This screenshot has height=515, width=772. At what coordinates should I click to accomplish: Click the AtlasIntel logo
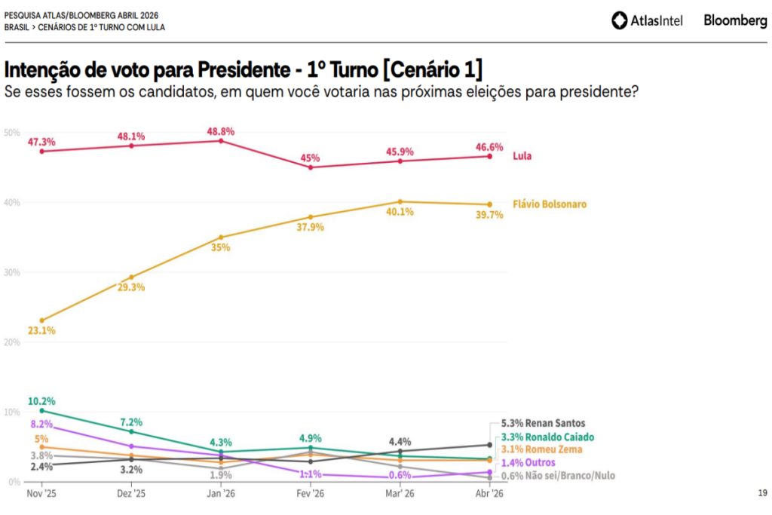pos(647,20)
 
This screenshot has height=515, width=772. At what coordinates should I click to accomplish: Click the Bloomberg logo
pos(735,20)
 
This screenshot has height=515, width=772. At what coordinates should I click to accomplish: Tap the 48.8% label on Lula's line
pos(221,131)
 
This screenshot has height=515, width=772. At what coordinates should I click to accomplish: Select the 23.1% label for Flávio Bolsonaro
pos(41,330)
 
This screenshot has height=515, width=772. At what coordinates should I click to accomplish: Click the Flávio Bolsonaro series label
pos(550,204)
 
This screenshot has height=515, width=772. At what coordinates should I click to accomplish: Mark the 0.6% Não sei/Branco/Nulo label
pos(548,475)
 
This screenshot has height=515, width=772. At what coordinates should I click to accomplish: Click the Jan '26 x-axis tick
pos(220,494)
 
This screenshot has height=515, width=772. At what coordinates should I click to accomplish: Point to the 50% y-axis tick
pos(12,133)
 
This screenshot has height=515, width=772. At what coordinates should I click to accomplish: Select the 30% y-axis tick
pos(12,272)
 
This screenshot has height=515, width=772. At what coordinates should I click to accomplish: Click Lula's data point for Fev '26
pos(311,167)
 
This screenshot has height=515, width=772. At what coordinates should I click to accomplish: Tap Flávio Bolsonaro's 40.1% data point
pos(400,201)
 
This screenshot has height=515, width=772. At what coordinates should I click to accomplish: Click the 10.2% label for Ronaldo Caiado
pos(41,400)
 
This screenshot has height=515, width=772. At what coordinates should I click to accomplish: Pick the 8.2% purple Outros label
pos(41,424)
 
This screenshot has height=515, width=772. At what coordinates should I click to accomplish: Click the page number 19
pos(762,493)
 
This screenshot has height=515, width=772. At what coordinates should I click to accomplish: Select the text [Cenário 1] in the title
pos(432,70)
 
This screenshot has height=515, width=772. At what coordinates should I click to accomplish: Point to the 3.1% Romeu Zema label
pos(532,449)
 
